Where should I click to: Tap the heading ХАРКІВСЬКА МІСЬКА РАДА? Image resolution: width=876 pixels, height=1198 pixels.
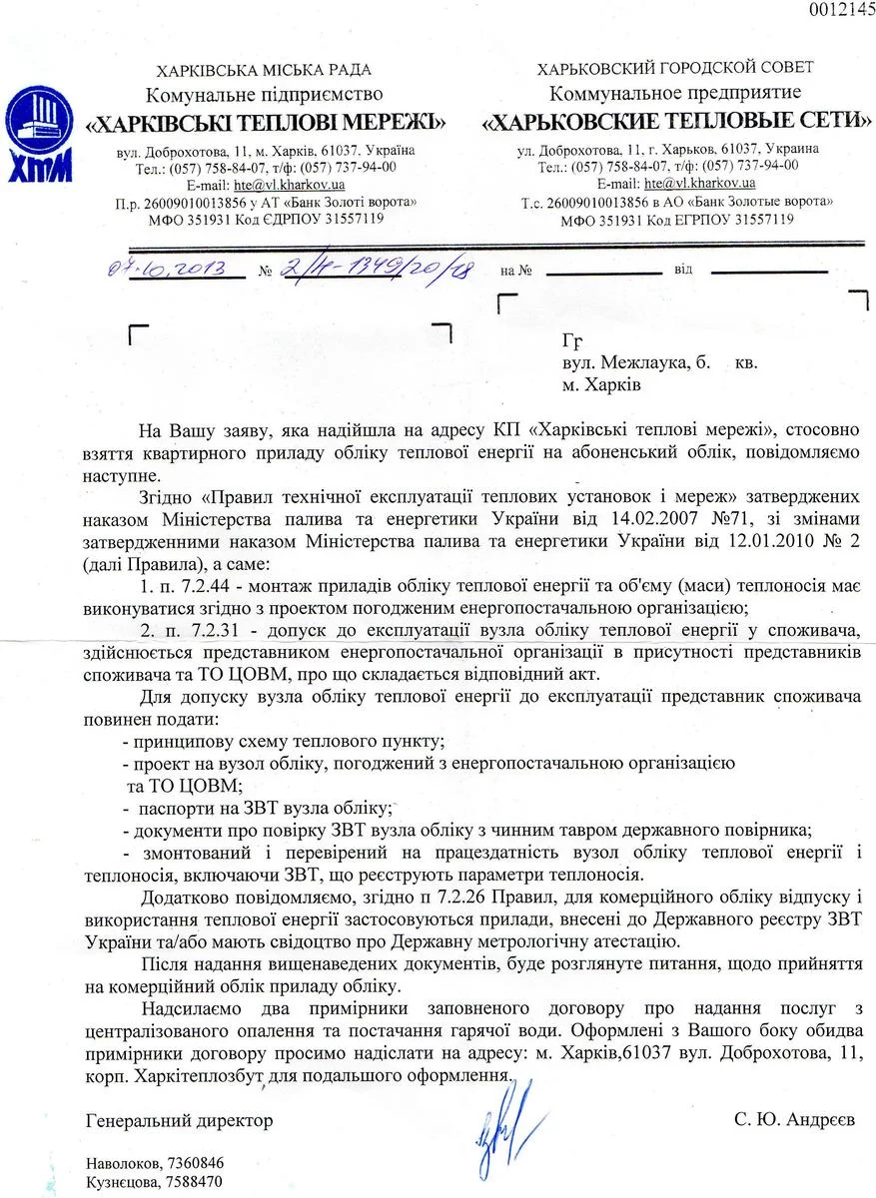point(264,70)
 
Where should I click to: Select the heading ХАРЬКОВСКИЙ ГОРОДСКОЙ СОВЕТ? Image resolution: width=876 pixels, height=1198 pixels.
point(675,68)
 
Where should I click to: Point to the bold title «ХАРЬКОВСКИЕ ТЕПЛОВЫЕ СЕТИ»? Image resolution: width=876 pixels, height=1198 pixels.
point(676,122)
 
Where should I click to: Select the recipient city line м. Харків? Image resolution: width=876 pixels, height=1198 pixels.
point(600,384)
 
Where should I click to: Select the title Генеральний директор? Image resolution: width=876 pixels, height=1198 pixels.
point(180,1121)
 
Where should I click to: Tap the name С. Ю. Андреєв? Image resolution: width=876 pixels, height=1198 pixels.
point(794,1121)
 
